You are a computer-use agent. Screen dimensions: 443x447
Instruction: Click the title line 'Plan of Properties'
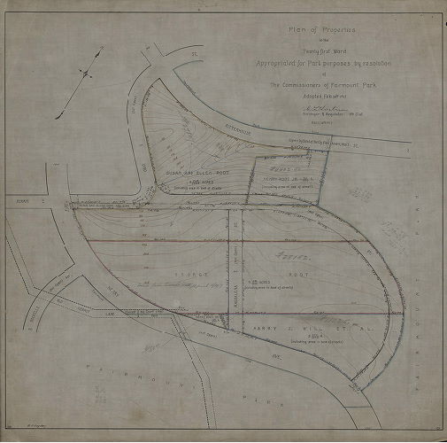(316, 29)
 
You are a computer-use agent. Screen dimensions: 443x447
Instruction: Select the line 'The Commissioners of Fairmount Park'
(316, 85)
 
